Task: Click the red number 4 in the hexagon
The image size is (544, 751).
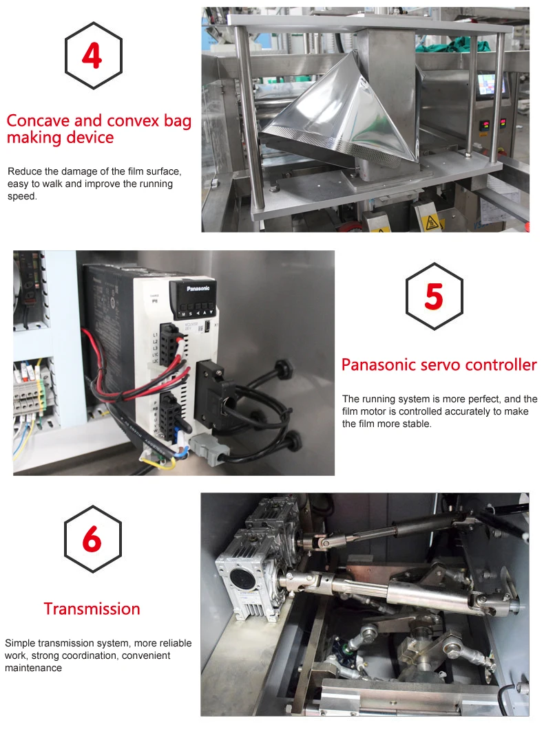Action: pyautogui.click(x=92, y=56)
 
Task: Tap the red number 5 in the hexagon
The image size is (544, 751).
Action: pyautogui.click(x=434, y=296)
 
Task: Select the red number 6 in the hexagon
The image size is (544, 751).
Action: pyautogui.click(x=92, y=538)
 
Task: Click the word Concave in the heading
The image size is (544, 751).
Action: pyautogui.click(x=38, y=121)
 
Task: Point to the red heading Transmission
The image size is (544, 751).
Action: pyautogui.click(x=92, y=609)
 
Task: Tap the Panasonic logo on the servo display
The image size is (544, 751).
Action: pyautogui.click(x=198, y=288)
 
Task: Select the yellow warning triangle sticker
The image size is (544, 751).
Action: pyautogui.click(x=432, y=221)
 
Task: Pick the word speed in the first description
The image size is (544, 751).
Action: pyautogui.click(x=22, y=197)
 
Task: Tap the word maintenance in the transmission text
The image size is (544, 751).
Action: pyautogui.click(x=34, y=668)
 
